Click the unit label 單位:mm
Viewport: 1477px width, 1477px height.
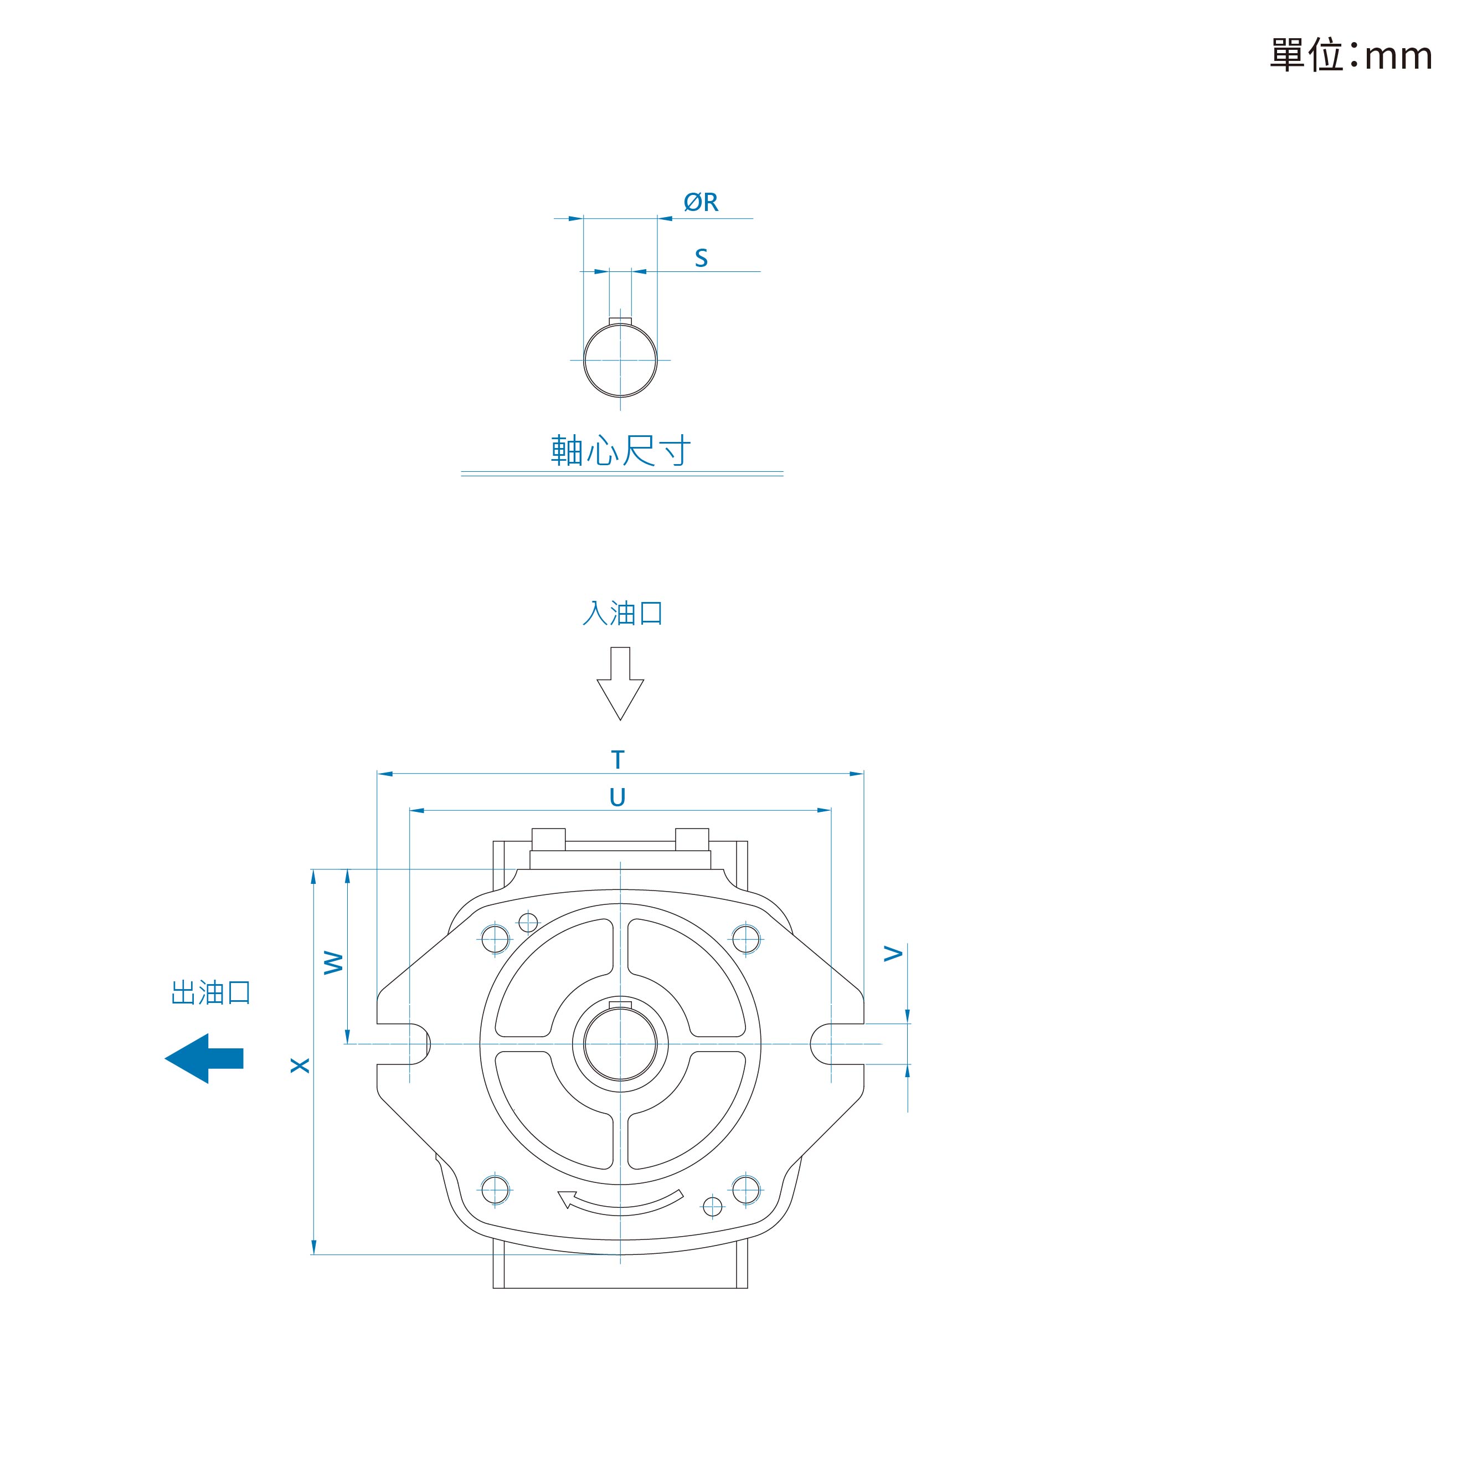click(x=1351, y=55)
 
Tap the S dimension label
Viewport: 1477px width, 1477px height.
click(x=701, y=259)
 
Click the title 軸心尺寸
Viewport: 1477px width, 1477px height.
click(x=621, y=451)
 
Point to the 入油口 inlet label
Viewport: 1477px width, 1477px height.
click(x=622, y=613)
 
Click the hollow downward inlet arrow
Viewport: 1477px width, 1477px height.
click(x=620, y=683)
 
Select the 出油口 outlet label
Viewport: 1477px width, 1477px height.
click(x=211, y=992)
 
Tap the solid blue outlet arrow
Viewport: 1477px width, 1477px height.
click(x=204, y=1059)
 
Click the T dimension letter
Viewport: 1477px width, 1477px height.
click(x=617, y=760)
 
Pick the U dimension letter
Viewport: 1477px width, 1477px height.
click(x=617, y=798)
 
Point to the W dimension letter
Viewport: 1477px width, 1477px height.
click(x=333, y=963)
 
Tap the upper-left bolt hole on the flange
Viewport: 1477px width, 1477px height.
click(x=496, y=938)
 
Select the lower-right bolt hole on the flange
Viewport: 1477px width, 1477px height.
click(x=746, y=1190)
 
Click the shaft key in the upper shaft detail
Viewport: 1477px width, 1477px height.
click(x=620, y=322)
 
